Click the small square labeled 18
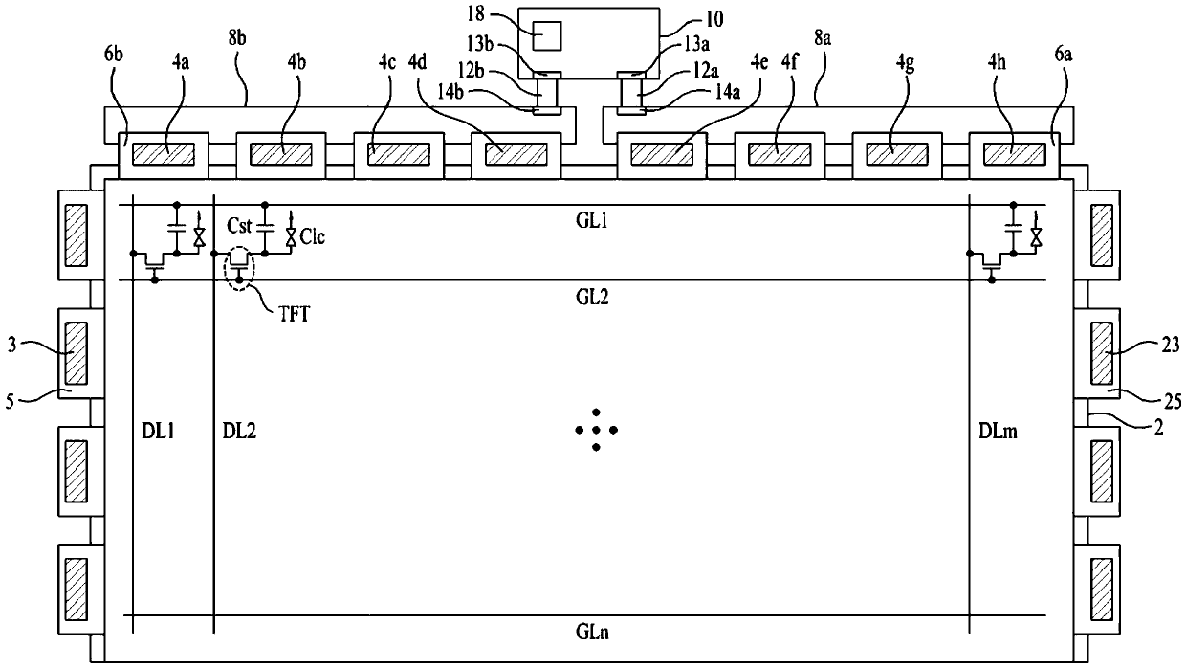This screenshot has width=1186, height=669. tap(547, 36)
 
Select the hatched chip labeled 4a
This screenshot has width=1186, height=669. tap(163, 154)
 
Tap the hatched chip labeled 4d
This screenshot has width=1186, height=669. tap(516, 154)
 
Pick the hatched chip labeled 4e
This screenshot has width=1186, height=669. tap(662, 154)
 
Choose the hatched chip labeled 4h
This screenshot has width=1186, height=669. tap(1015, 154)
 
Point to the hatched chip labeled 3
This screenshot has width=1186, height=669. tap(77, 353)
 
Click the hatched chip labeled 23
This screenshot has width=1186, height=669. tap(1102, 353)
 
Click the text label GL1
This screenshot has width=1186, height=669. tap(592, 221)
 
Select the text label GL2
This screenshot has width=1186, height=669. tap(592, 297)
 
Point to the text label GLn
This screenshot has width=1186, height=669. tap(592, 632)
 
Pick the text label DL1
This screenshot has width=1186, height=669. tap(158, 432)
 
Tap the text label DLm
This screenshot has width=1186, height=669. tap(998, 432)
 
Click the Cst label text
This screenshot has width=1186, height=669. tap(239, 226)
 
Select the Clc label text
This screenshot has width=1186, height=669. tap(313, 236)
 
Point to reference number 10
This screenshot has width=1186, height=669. tap(714, 19)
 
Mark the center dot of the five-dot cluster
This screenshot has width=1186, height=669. tap(596, 430)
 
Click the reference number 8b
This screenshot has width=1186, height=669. tap(238, 38)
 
